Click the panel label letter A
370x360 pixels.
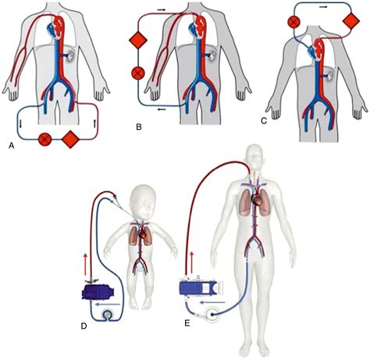click(10, 145)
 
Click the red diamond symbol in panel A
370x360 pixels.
click(69, 141)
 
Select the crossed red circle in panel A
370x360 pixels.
click(45, 141)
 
